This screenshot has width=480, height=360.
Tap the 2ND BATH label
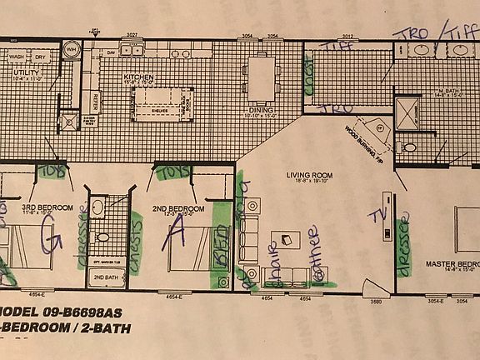(x=104, y=276)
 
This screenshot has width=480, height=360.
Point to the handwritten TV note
(x=380, y=214)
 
